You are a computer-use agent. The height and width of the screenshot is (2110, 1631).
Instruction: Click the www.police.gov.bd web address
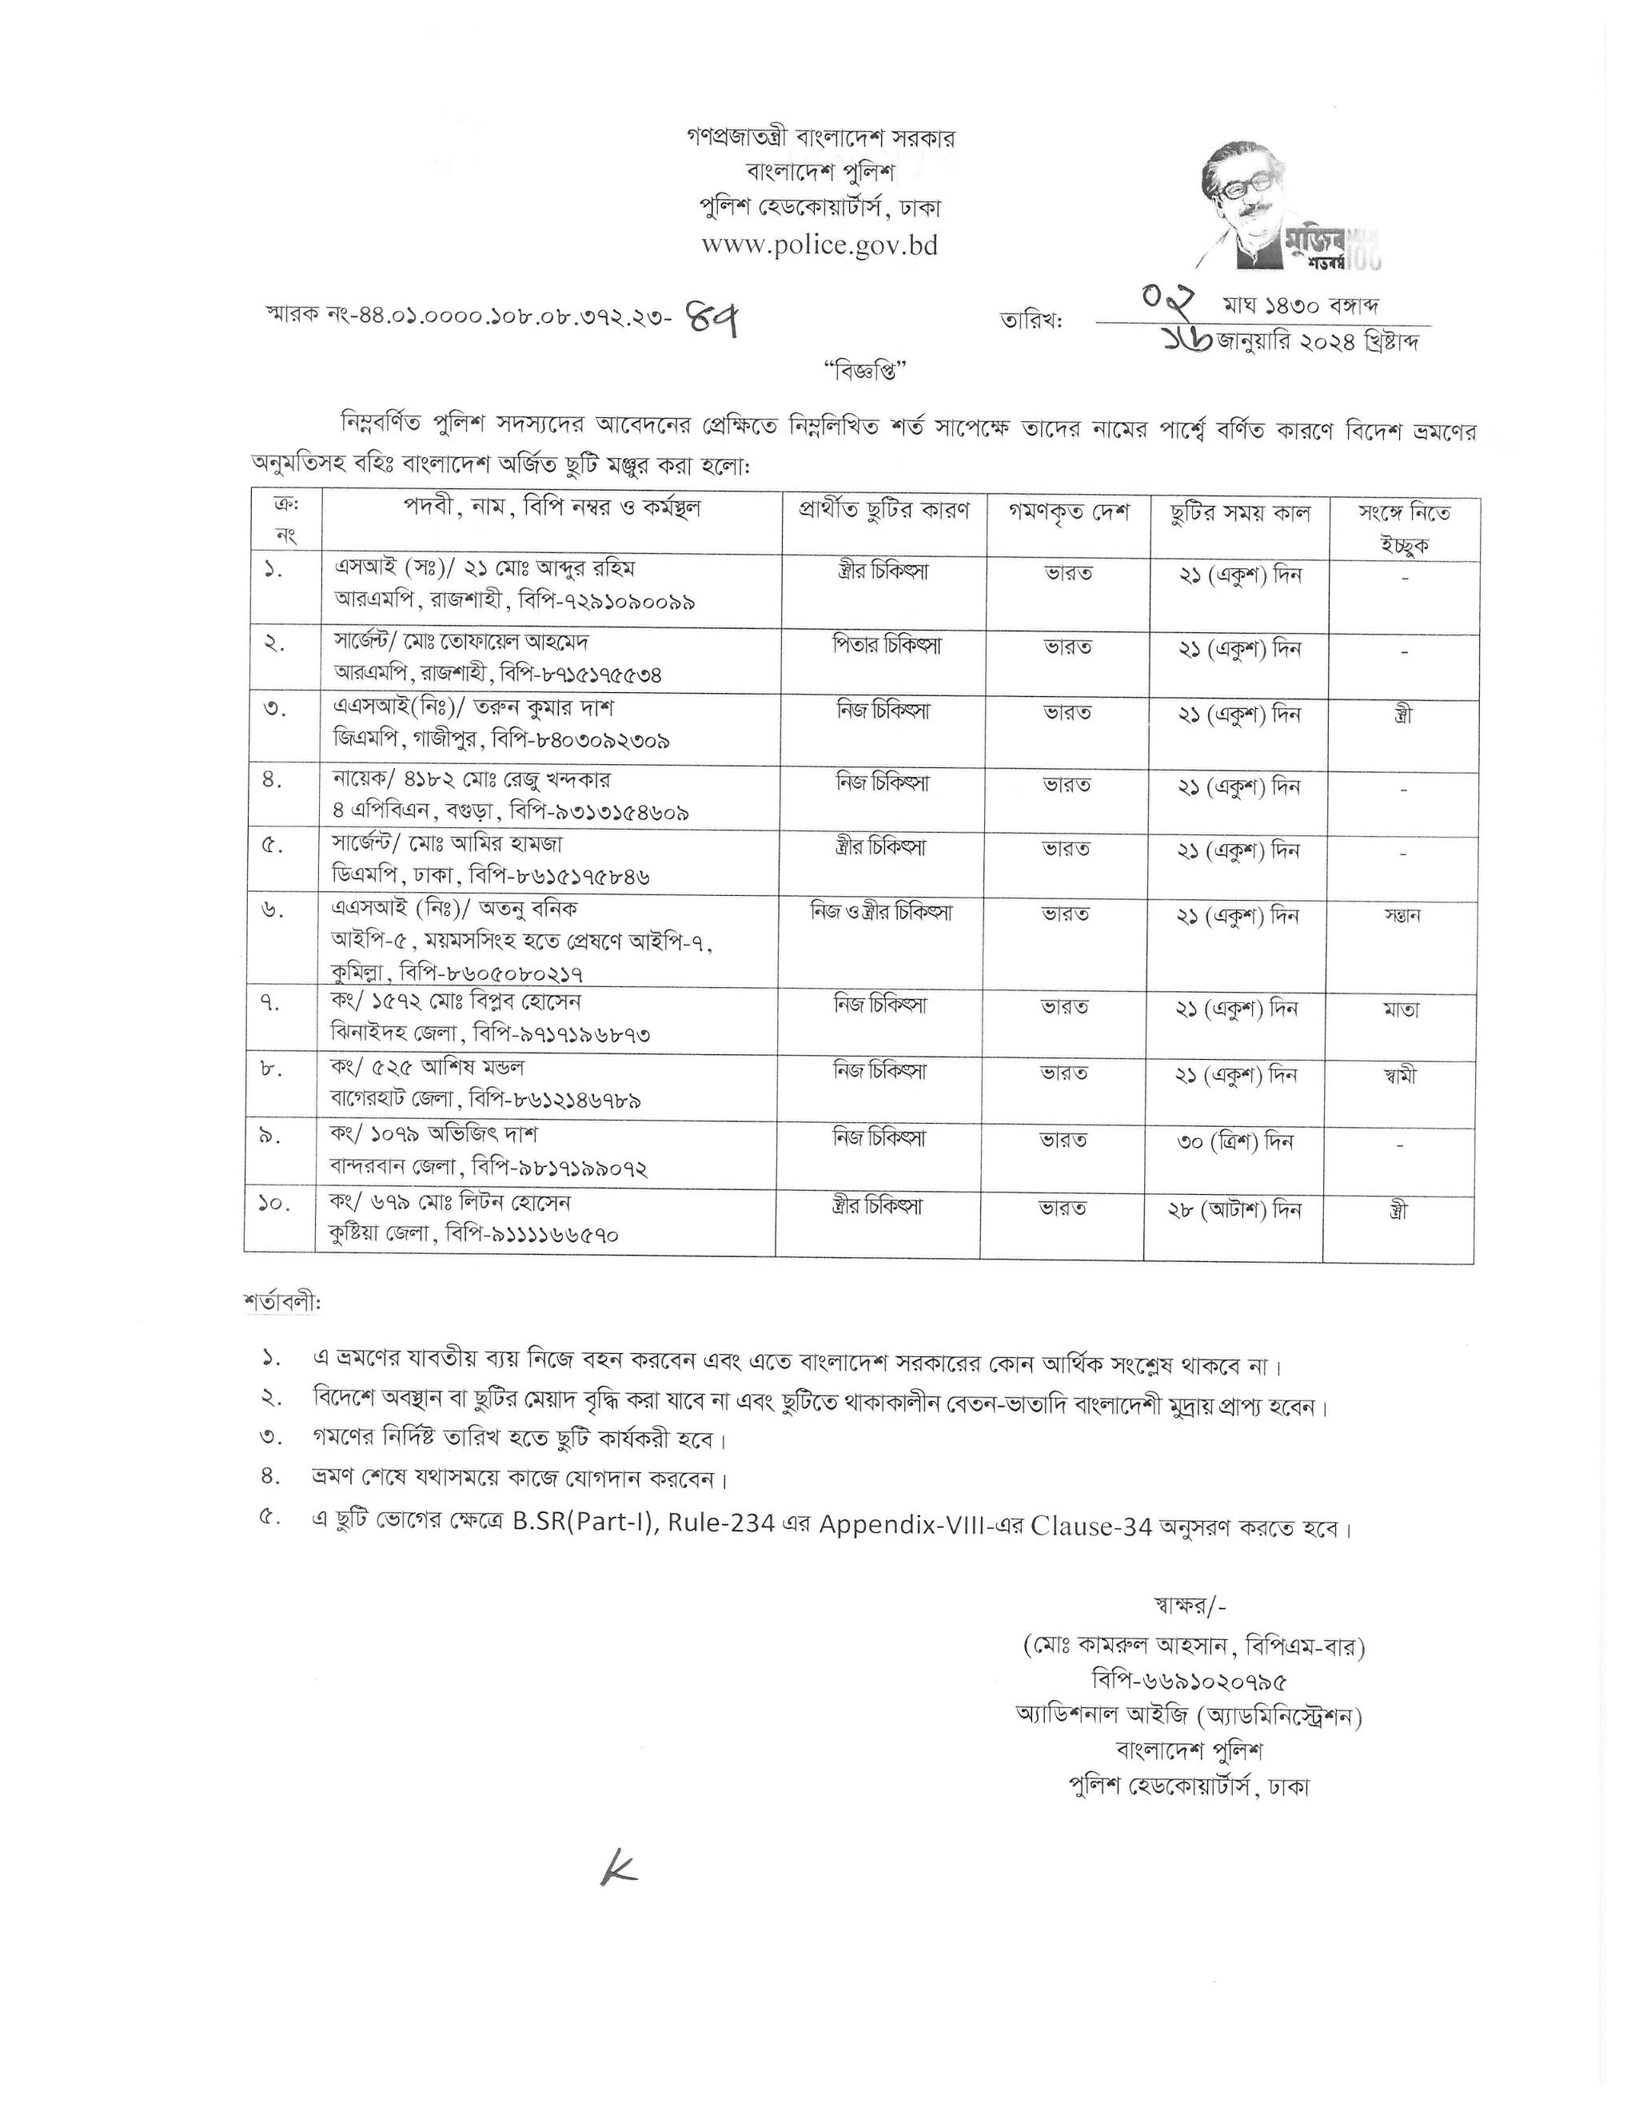tap(819, 245)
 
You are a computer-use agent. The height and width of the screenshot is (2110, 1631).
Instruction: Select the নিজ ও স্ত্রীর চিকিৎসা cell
tap(881, 911)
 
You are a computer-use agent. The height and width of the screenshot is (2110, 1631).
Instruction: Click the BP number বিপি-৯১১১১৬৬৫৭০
tap(532, 1236)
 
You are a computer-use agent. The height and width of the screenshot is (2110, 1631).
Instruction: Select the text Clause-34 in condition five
tap(1091, 1527)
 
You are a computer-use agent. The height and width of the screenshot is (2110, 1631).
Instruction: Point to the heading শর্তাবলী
tap(282, 1302)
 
